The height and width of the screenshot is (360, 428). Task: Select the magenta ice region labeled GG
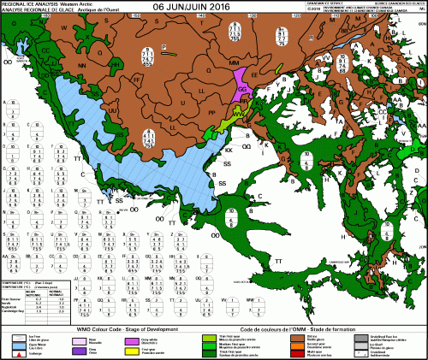pos(242,89)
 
